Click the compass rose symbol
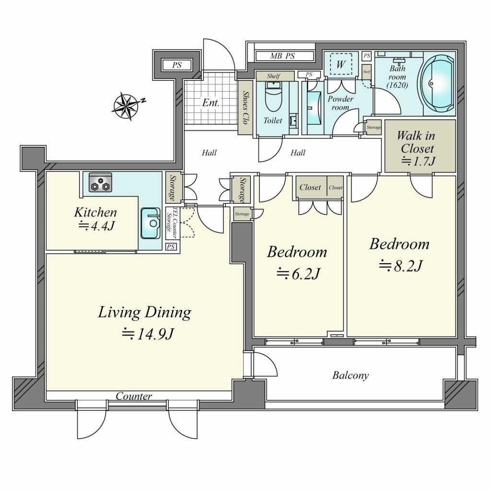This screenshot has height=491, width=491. click(x=126, y=106)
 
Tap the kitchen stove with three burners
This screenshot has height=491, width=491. click(x=100, y=182)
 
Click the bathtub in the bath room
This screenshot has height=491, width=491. click(x=437, y=83)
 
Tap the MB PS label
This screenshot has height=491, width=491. click(x=282, y=57)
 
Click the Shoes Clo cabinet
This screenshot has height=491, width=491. click(x=245, y=108)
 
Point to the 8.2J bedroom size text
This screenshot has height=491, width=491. click(x=401, y=266)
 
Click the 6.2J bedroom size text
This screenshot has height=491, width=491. click(x=298, y=274)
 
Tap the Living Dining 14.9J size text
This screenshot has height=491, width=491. click(x=148, y=334)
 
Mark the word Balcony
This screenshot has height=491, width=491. click(x=351, y=375)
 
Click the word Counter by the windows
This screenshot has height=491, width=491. click(x=134, y=396)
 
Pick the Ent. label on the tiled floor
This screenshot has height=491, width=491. click(x=211, y=103)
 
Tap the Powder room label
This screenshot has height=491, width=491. click(x=340, y=103)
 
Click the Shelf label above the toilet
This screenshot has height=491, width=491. click(x=273, y=76)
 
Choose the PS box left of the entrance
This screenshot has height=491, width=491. click(x=177, y=65)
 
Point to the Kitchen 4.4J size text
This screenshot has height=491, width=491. click(x=95, y=219)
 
